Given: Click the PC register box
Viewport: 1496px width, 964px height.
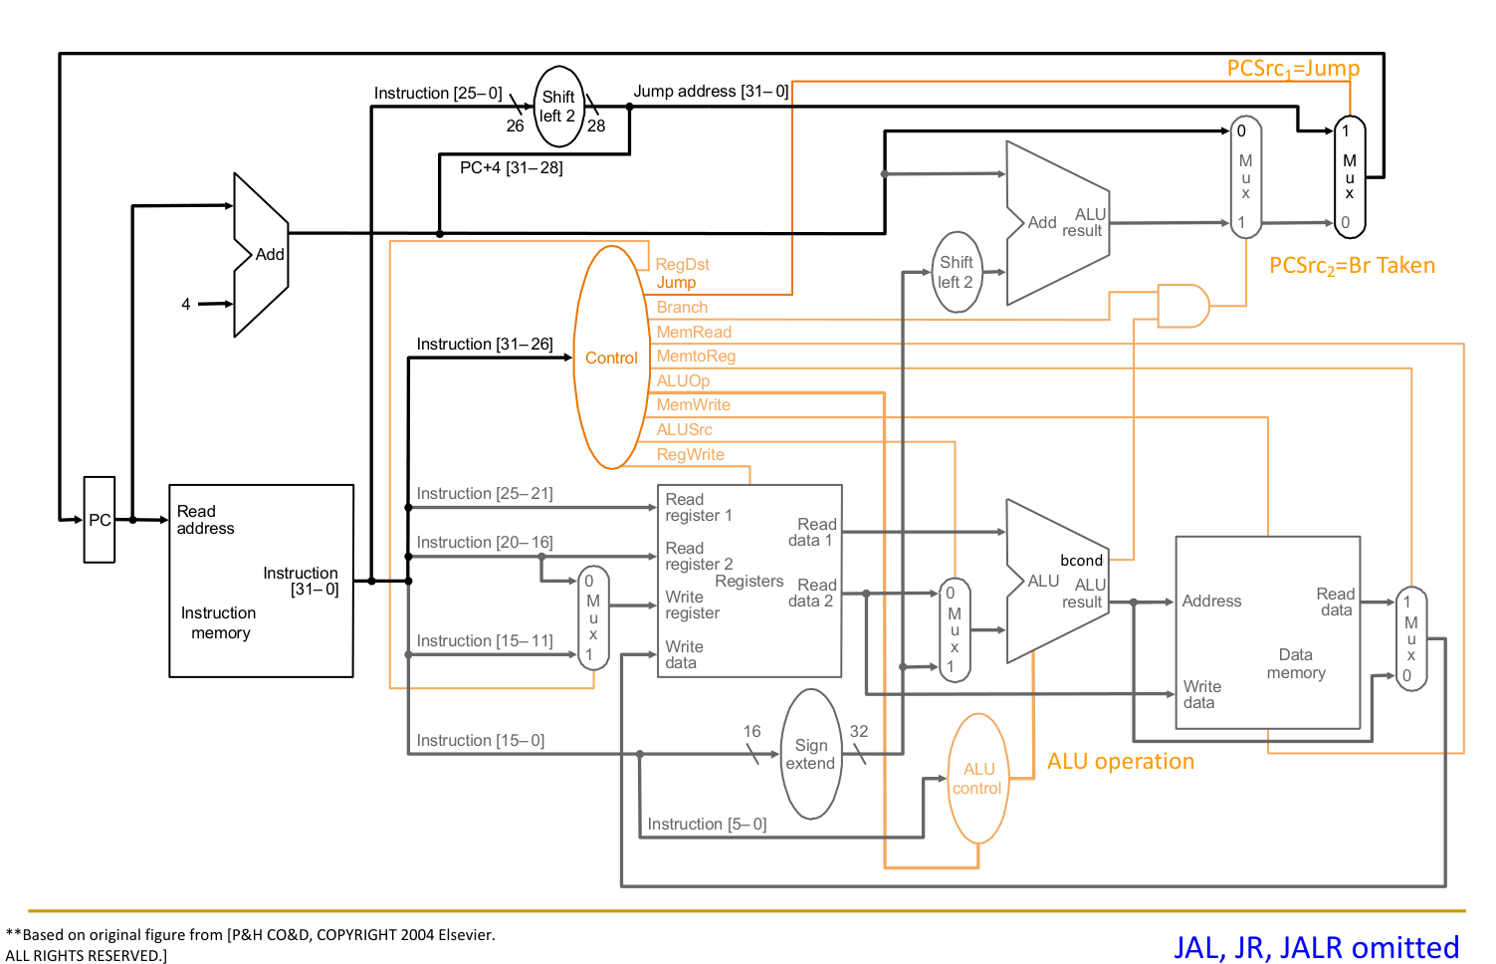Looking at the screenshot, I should pos(100,520).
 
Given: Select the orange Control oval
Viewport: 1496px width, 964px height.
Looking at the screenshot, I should pos(610,358).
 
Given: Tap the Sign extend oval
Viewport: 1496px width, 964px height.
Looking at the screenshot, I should pos(810,754).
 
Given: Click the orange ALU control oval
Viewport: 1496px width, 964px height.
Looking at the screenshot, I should pos(977,779).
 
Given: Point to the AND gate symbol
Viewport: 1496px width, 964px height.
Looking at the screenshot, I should pos(1182,306).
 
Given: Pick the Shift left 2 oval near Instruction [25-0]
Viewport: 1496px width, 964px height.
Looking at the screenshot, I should pos(557,107).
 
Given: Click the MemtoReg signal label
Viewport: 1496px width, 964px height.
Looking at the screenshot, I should pos(696,357).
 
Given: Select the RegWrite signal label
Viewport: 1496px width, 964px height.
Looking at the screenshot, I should pos(690,455).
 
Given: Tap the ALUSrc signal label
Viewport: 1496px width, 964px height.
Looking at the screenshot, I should pos(684,430).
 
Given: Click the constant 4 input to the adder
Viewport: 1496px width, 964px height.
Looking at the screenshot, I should pos(186,304).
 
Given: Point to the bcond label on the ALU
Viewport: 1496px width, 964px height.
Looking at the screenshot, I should pos(1081,561).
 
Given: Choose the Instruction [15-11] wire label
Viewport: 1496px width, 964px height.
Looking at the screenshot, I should pos(484,641).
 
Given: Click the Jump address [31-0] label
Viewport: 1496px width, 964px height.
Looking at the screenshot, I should pos(711,92).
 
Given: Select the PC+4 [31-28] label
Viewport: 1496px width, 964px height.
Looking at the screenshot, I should pos(511,168).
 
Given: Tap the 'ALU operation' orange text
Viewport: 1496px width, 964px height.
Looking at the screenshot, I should pos(1121,762).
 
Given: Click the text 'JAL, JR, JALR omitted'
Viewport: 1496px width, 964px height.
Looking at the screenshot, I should pos(1316,947).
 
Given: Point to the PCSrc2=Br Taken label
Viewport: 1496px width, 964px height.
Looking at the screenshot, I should pos(1352,266).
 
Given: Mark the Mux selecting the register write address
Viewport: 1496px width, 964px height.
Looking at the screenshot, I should pos(592,617).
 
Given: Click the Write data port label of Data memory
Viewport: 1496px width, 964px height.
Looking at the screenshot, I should pos(1201,694).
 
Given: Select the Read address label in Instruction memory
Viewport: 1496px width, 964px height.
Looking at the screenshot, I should pos(205,520).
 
